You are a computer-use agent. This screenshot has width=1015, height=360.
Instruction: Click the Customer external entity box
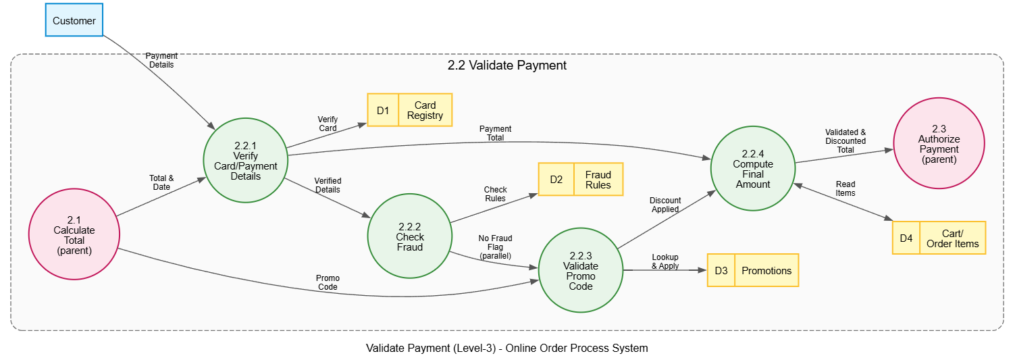74,20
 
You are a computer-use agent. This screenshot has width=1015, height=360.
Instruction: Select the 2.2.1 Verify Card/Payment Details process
246,161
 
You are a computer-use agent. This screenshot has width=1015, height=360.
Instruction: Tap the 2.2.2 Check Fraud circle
410,236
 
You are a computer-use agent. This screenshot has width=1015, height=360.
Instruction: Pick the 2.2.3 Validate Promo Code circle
581,270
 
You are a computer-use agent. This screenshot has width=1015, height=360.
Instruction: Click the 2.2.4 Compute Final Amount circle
753,169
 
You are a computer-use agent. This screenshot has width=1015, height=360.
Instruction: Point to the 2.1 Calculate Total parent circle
74,234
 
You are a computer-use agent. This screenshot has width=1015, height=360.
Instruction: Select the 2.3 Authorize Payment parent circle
939,143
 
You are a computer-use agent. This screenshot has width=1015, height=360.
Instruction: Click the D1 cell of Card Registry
383,110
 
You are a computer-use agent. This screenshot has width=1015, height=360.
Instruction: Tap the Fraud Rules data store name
598,180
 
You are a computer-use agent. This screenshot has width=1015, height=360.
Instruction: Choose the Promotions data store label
766,271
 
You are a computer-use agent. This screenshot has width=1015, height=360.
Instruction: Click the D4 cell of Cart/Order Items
906,238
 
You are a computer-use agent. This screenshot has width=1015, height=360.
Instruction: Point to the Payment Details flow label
161,60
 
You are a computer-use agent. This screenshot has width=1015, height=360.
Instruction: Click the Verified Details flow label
328,185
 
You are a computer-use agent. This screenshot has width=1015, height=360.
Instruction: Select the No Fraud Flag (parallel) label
495,247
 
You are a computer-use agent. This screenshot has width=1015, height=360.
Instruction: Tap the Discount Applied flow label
665,205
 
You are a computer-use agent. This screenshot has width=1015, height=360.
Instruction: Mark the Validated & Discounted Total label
845,140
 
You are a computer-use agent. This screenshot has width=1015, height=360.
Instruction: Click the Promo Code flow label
328,282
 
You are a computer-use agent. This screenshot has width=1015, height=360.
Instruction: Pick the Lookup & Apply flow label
665,261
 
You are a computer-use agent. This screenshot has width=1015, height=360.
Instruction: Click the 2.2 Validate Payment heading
507,66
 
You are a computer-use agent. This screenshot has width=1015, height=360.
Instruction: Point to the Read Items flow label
845,188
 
